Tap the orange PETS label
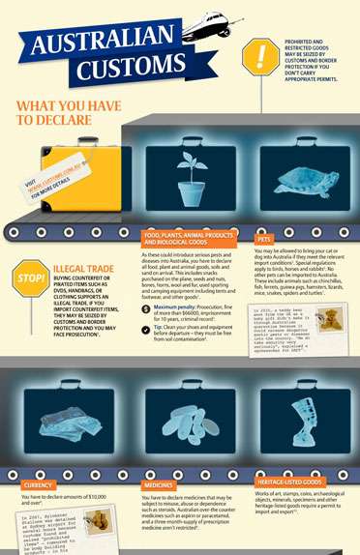click(x=264, y=237)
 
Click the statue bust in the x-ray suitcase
click(x=295, y=427)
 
